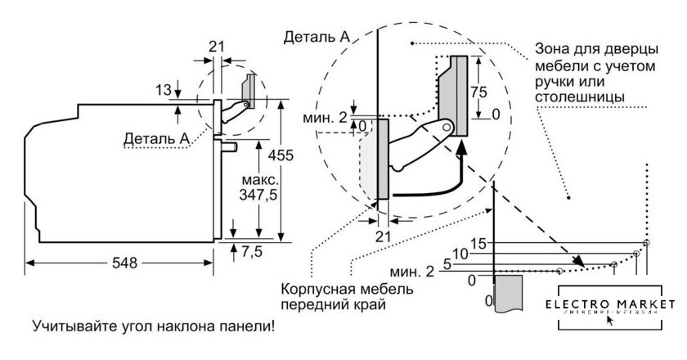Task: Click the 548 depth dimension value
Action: (121, 263)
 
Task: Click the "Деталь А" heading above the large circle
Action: (317, 38)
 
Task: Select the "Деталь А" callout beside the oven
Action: (156, 137)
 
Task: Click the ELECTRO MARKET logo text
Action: (616, 304)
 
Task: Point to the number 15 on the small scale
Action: (478, 244)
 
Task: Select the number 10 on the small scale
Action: (460, 254)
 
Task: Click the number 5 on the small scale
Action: (447, 264)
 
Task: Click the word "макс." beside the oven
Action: (261, 178)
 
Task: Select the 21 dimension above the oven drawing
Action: (216, 47)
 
